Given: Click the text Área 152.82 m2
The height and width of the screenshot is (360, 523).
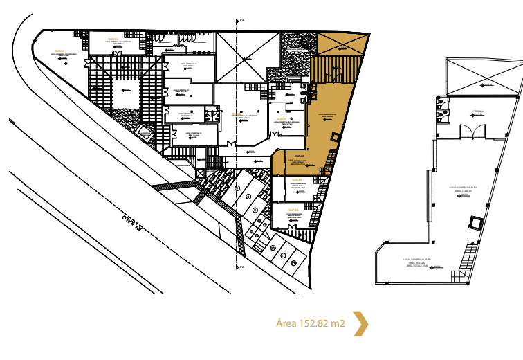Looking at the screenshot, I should [x=310, y=323].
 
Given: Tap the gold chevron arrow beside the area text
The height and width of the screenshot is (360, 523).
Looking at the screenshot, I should [x=360, y=323].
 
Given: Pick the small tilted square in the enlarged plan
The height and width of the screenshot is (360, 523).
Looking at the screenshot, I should [x=477, y=223].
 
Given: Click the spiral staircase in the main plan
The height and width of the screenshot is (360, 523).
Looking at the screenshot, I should [x=293, y=89].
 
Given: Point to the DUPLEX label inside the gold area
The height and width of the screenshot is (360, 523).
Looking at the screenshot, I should [x=299, y=156].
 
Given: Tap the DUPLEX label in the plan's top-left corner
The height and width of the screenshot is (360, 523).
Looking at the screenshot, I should [x=59, y=51].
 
